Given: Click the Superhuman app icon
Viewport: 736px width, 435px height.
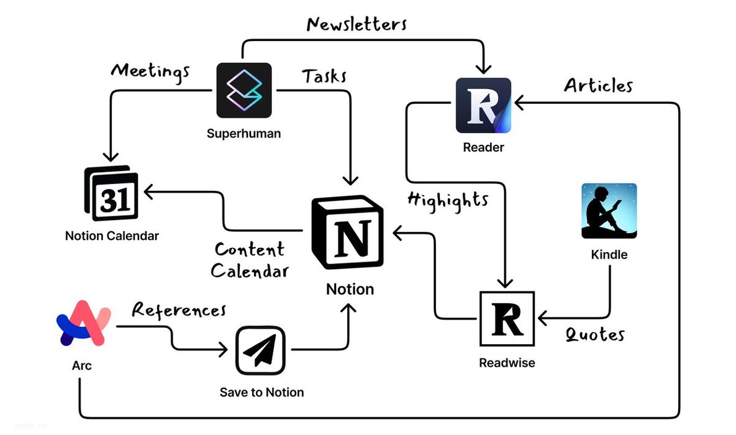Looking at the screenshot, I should point(244,90).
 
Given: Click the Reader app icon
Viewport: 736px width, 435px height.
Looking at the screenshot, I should point(483,105).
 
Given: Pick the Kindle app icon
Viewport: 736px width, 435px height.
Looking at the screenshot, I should point(609,211).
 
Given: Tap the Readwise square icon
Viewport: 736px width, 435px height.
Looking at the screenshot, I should point(507,318).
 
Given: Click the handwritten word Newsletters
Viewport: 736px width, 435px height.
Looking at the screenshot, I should point(357,24).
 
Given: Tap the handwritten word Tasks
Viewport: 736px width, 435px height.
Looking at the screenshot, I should point(324,76).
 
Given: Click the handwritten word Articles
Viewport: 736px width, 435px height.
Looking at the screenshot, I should point(598,85).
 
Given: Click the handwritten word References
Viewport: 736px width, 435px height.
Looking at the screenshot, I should point(179,309).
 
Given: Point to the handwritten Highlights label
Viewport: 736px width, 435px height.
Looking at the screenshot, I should point(447,200).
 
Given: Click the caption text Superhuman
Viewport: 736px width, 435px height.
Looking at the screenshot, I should point(243,133).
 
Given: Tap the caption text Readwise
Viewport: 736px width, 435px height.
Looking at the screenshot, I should point(507,363).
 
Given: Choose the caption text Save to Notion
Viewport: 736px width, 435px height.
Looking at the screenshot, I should point(261,392).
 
